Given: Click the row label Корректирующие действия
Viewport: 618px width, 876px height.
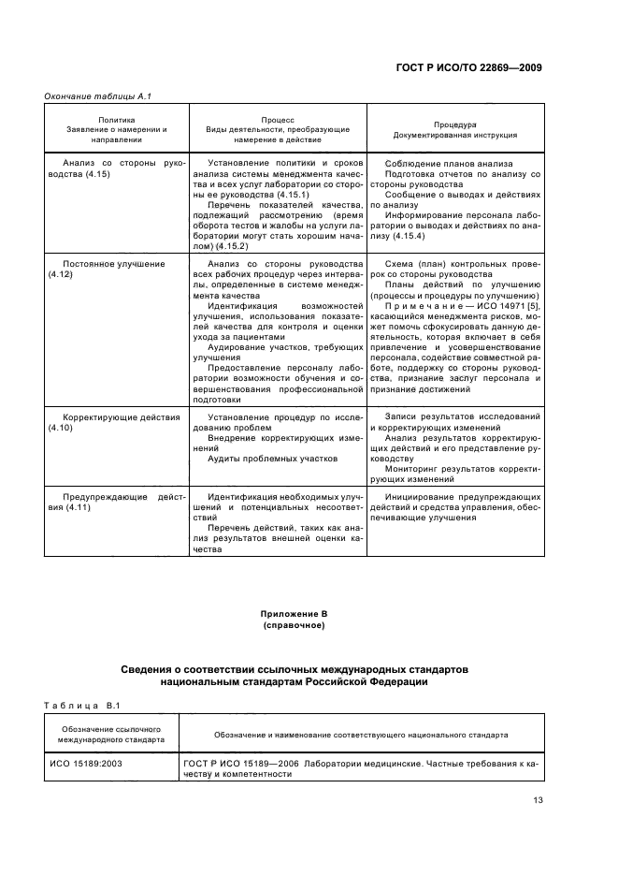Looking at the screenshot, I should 121,416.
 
